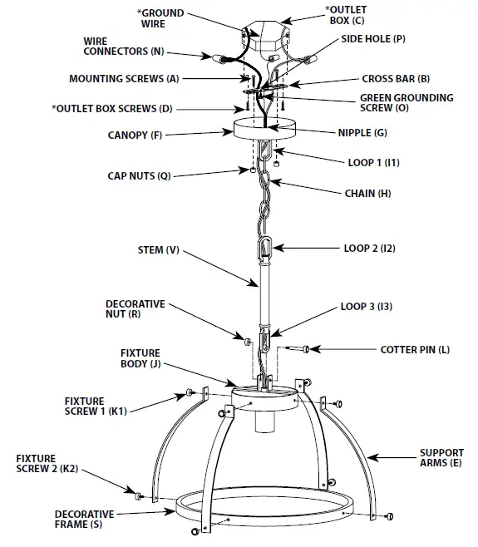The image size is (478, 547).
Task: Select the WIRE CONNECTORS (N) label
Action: tap(123, 46)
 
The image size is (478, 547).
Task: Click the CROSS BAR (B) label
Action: tap(395, 79)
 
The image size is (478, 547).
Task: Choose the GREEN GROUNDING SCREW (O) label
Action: tap(406, 103)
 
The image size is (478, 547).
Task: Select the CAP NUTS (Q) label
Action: tap(139, 175)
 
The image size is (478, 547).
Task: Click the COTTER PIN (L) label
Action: tap(415, 349)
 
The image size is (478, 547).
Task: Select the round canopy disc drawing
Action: tap(266, 130)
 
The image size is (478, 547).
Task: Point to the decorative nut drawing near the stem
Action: tap(248, 341)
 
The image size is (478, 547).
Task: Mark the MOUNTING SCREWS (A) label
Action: tap(124, 79)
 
